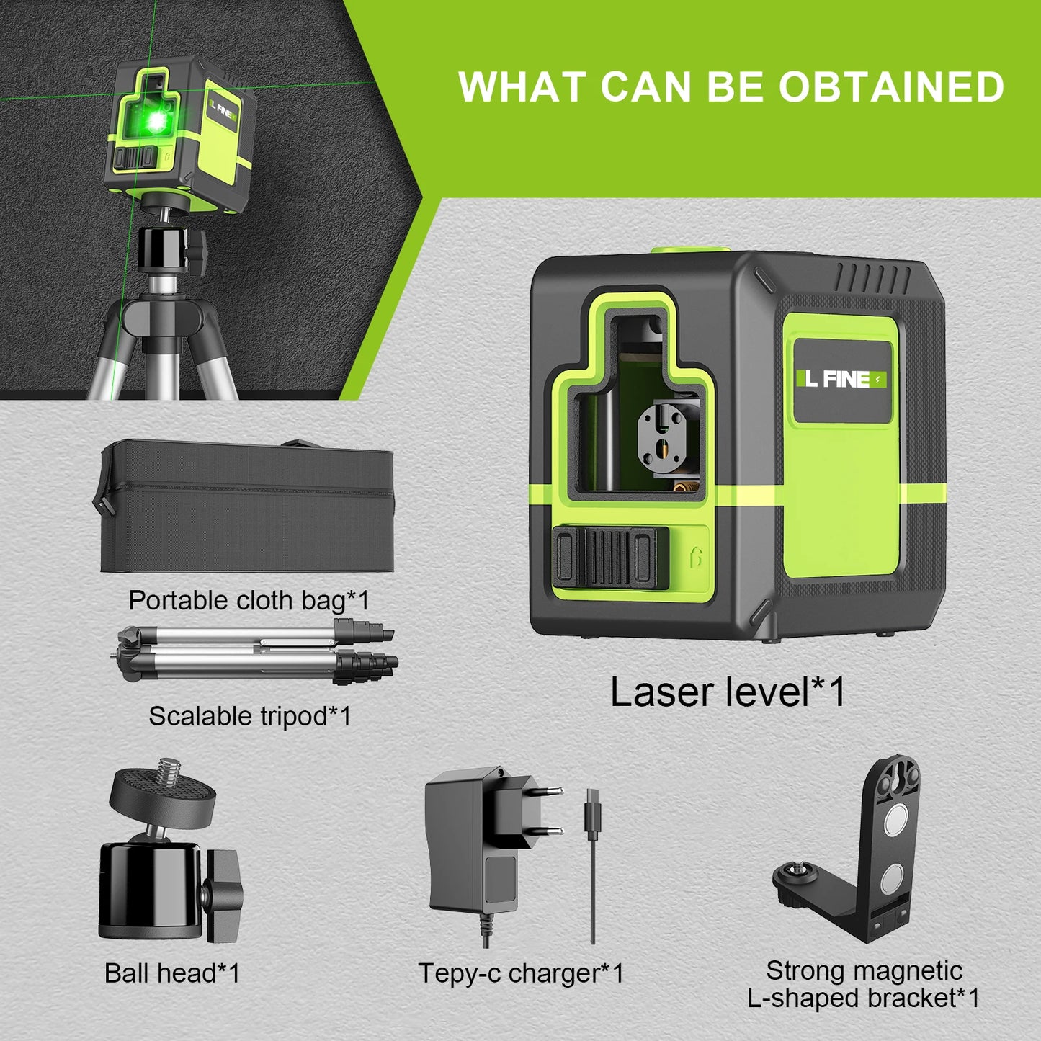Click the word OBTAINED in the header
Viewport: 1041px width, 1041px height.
point(891,87)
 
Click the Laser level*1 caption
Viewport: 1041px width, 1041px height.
point(727,692)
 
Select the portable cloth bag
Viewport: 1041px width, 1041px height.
point(246,508)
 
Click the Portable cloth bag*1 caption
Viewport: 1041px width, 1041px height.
point(249,600)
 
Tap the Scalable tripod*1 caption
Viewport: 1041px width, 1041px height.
point(250,716)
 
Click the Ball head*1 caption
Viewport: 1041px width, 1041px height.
point(172,973)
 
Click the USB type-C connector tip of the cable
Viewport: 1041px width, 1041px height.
point(591,803)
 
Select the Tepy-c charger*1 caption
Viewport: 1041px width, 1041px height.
point(521,973)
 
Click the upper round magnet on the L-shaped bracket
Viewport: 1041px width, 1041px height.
point(895,820)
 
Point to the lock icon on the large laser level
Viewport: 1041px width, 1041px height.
point(695,558)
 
